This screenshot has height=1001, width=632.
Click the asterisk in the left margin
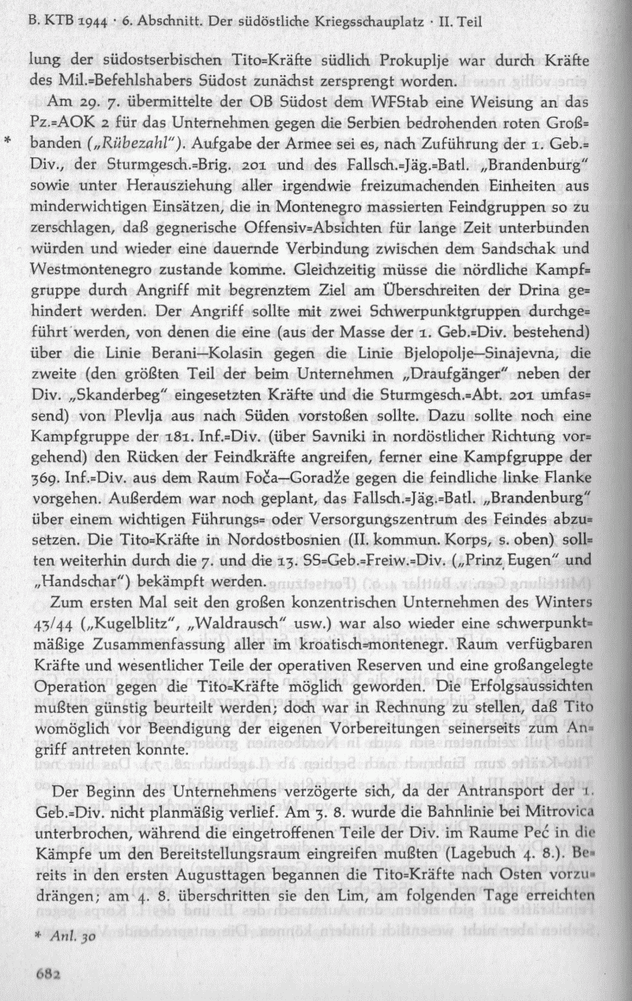8,143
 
